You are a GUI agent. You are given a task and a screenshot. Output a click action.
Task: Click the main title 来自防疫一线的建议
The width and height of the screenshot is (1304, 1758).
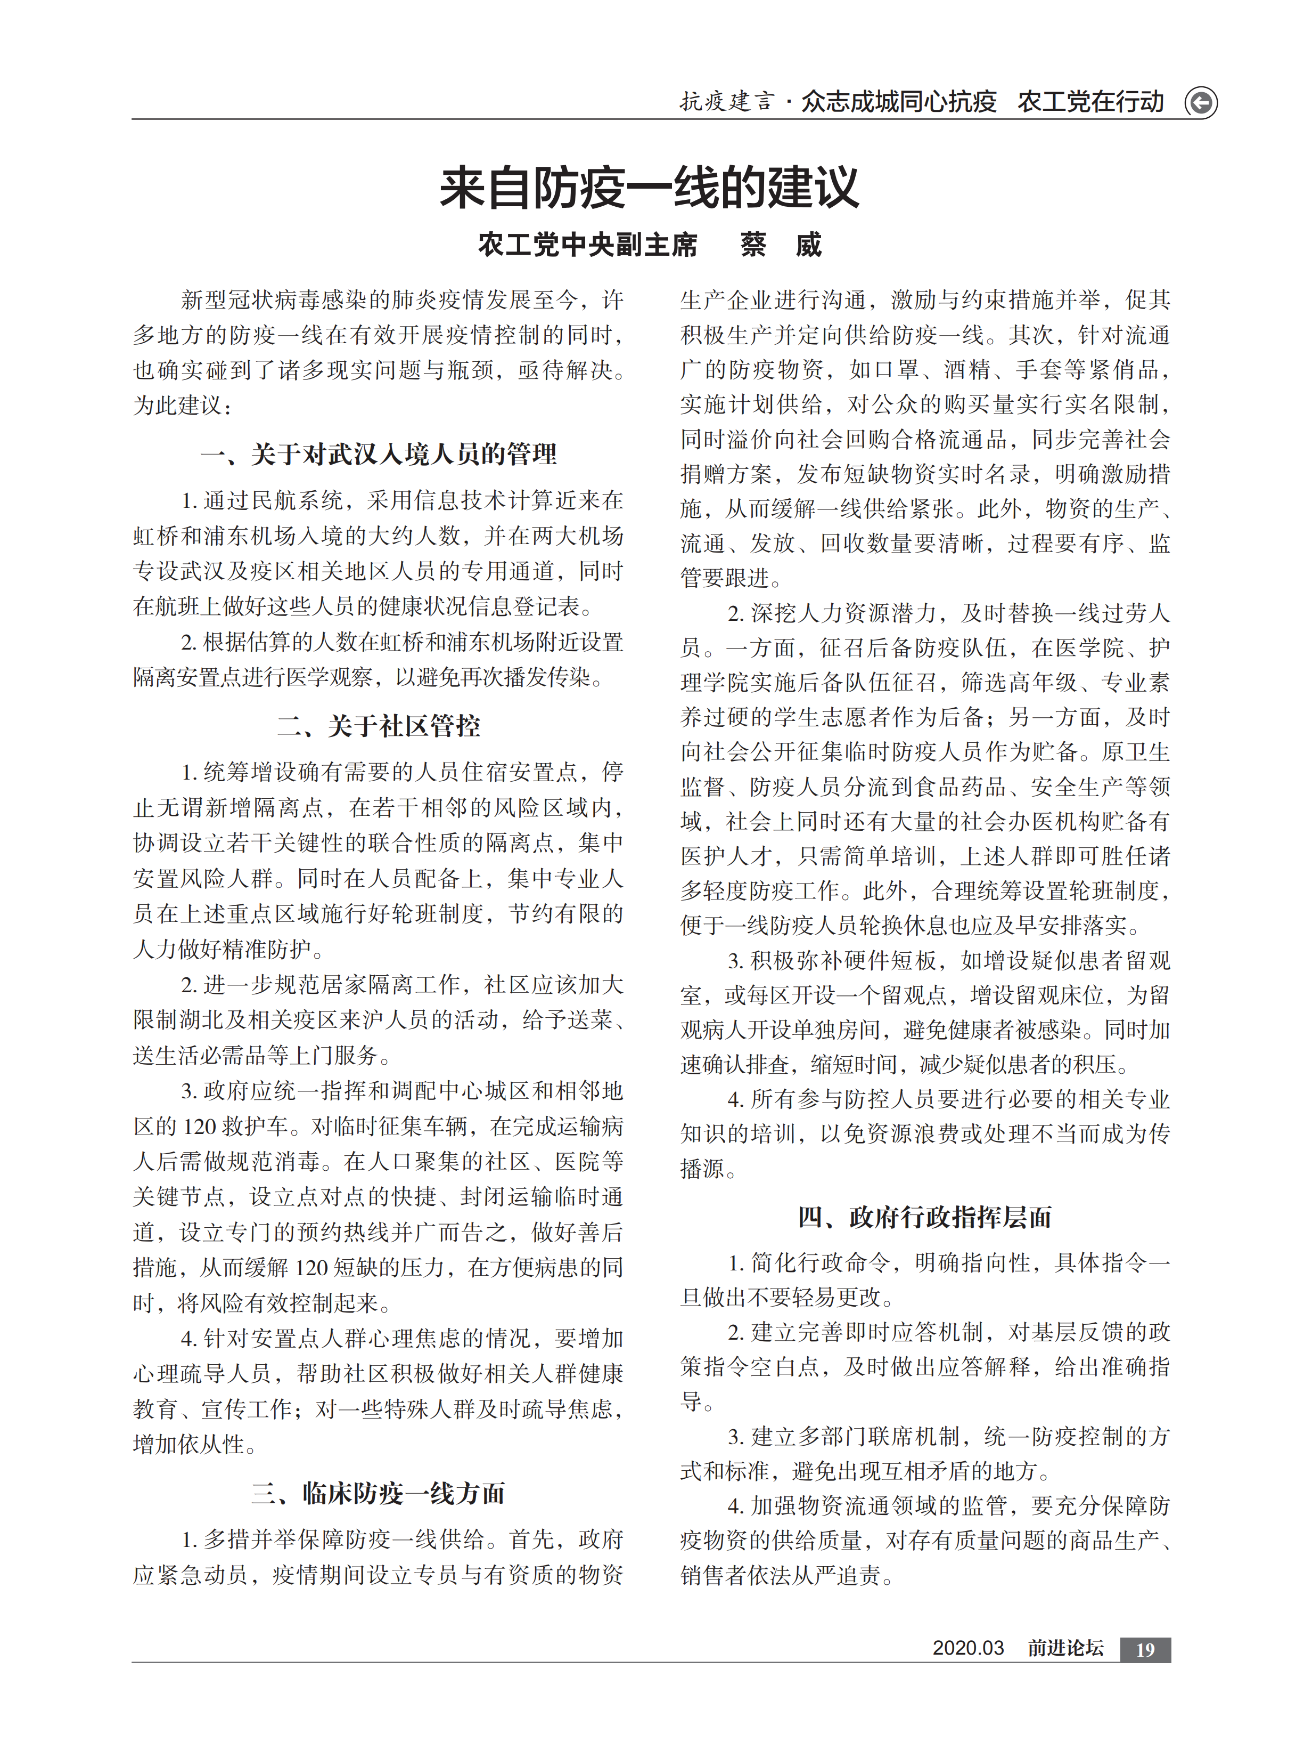pos(649,188)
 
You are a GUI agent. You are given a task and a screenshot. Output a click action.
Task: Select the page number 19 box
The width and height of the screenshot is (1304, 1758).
pos(1145,1649)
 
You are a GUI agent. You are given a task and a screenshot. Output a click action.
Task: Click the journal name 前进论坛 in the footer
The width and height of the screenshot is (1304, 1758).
pos(1065,1648)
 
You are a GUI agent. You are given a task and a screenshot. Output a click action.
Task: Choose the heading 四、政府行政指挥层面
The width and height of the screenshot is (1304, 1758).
pos(924,1217)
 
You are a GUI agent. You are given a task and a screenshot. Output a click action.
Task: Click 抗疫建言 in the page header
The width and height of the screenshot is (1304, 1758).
pos(727,102)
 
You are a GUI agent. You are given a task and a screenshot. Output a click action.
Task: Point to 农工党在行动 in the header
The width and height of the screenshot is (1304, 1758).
pos(1090,102)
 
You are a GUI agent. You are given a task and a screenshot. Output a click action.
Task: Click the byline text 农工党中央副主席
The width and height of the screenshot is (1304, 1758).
pos(587,245)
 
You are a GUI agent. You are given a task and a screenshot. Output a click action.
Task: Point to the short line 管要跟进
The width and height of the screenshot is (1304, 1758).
pos(725,578)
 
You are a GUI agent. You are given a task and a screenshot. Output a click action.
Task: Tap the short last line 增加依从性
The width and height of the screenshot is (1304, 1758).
pos(190,1445)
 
